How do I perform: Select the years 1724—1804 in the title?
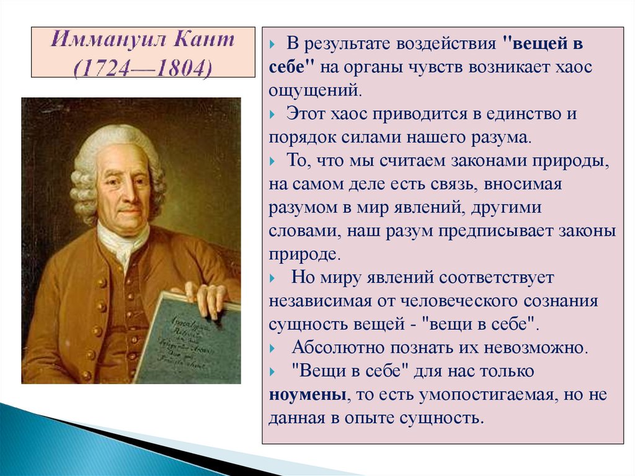pyautogui.click(x=143, y=65)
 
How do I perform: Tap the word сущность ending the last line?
pyautogui.click(x=445, y=418)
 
